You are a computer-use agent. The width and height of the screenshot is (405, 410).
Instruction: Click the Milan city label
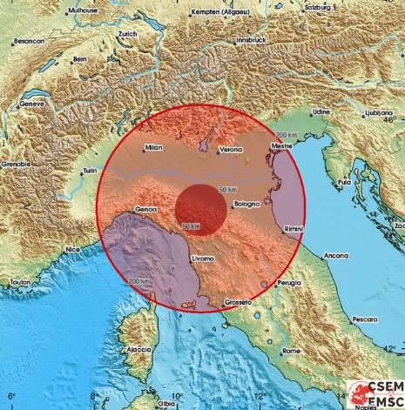pos(154,148)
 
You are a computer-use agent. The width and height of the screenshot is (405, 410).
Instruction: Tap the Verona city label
pos(230,149)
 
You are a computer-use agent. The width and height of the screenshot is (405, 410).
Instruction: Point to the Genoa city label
pos(146,211)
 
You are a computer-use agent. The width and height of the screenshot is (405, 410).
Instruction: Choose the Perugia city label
pos(289,283)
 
